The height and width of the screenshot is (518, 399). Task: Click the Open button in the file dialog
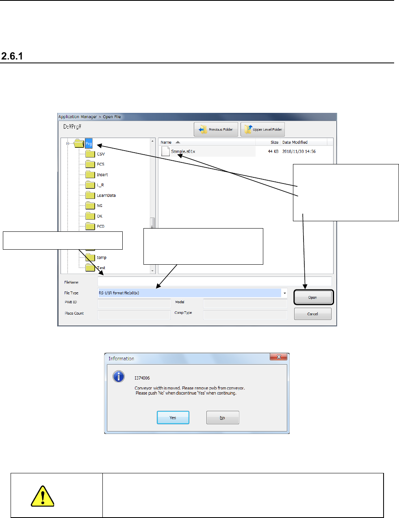coord(313,298)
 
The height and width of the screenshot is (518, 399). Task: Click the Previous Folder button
coord(216,129)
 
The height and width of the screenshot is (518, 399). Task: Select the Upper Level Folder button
coord(262,129)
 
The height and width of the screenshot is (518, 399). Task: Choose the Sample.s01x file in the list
coord(183,151)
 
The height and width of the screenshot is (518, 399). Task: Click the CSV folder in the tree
coord(100,154)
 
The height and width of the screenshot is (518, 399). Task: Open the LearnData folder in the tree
coord(106,195)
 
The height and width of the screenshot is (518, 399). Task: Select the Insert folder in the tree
coord(102,175)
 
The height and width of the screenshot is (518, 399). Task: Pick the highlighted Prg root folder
coord(89,144)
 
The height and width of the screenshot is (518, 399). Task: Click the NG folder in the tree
coord(99,206)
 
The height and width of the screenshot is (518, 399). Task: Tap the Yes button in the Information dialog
coord(173,417)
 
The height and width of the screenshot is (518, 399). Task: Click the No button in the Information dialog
coord(222,417)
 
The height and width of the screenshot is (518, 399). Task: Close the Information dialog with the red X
coord(279,357)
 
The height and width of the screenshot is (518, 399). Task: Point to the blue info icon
coord(119,376)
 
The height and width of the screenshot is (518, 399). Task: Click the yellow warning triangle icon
coord(42,496)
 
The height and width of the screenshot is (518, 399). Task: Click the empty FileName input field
coord(215,281)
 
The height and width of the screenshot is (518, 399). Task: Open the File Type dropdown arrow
coord(284,293)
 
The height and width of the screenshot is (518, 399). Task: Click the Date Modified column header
coord(295,142)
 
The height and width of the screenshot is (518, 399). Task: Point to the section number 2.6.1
coord(12,56)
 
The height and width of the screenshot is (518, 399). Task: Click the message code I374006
coord(142,378)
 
